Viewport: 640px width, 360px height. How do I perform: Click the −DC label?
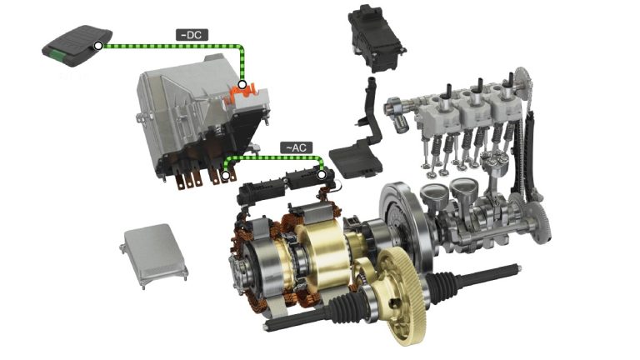[192, 35]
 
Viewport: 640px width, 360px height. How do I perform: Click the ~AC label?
[297, 147]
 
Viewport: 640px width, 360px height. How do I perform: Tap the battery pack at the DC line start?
[77, 46]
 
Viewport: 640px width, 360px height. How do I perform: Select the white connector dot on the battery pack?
[98, 46]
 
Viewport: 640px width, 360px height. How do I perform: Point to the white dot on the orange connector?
[242, 85]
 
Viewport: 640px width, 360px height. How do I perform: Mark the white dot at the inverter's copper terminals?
[225, 176]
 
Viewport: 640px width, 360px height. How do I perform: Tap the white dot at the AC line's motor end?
[322, 175]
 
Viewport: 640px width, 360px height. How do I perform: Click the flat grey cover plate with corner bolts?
[154, 256]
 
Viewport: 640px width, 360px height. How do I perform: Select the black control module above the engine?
[376, 40]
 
